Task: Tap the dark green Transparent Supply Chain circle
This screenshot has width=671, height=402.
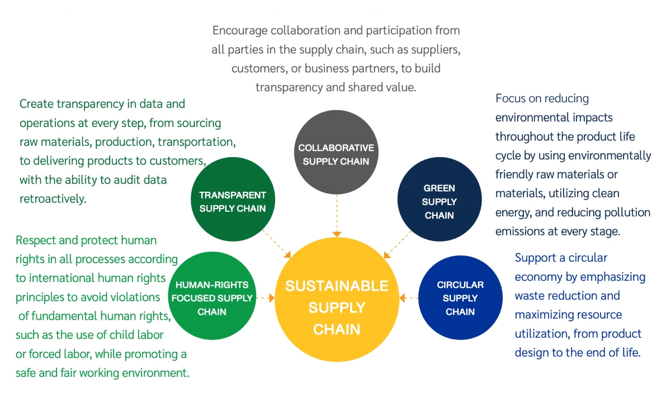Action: point(232,202)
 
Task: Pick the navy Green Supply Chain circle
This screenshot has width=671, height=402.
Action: point(439,202)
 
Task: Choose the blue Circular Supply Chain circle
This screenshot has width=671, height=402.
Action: point(460,298)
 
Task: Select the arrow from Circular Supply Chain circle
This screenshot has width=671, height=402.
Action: point(410,298)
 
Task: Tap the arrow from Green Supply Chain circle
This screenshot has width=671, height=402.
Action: point(397,246)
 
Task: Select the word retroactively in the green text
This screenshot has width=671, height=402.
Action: point(53,198)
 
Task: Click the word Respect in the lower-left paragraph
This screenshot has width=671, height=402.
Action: point(36,240)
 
